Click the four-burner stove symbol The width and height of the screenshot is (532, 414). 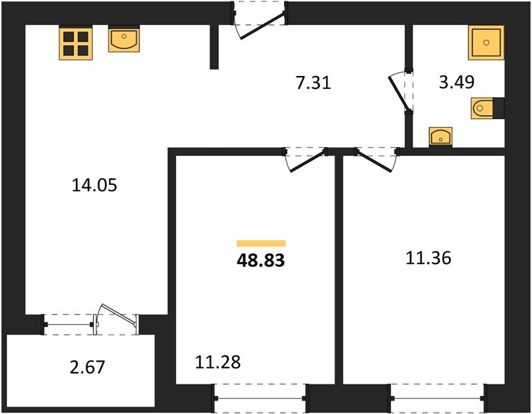tap(76, 43)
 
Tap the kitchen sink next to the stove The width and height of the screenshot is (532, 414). tap(124, 39)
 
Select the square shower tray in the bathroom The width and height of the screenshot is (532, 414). tap(486, 43)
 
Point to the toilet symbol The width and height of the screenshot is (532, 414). tap(487, 108)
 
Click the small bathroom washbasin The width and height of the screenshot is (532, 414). tap(441, 137)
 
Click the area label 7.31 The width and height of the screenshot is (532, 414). tap(313, 83)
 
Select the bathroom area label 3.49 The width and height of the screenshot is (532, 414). tap(456, 82)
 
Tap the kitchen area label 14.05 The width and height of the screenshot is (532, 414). tap(95, 186)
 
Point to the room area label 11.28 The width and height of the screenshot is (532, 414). tap(218, 362)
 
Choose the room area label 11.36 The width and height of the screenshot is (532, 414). tap(428, 258)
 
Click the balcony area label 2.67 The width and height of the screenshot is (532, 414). tap(88, 367)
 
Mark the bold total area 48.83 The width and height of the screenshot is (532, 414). tap(261, 261)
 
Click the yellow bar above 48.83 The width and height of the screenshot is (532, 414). tap(261, 244)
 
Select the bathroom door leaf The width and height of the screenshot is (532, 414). tap(399, 94)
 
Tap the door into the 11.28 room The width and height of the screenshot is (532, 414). tap(307, 161)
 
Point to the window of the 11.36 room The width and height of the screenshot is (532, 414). tap(437, 398)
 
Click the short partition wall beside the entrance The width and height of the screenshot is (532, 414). tap(214, 47)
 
